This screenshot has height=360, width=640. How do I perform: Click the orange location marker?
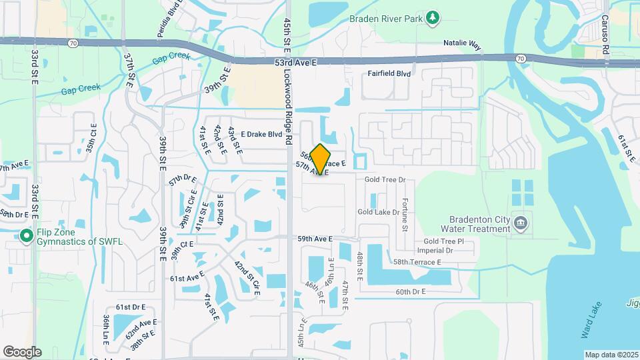321,159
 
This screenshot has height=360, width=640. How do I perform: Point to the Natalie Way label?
462,44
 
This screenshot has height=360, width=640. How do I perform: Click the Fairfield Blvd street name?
389,74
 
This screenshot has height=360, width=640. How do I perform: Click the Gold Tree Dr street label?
385,180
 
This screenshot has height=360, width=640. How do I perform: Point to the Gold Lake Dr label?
377,212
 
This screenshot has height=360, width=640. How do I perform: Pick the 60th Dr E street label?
411,292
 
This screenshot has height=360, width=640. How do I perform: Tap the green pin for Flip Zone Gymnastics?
26,235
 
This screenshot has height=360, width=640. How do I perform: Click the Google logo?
21,351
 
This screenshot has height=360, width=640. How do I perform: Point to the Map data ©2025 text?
611,355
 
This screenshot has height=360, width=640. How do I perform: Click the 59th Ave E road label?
315,239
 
